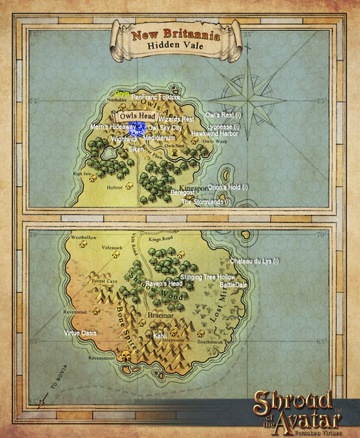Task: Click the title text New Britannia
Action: (x=175, y=34)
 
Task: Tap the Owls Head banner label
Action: (x=135, y=116)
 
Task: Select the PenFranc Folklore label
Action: (x=156, y=97)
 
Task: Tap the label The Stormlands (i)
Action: (x=206, y=202)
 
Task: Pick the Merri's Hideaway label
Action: (x=113, y=127)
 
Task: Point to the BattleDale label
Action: (x=234, y=285)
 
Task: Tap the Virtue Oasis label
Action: (x=81, y=333)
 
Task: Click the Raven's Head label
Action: (x=164, y=284)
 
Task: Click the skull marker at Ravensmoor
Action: (x=126, y=358)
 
